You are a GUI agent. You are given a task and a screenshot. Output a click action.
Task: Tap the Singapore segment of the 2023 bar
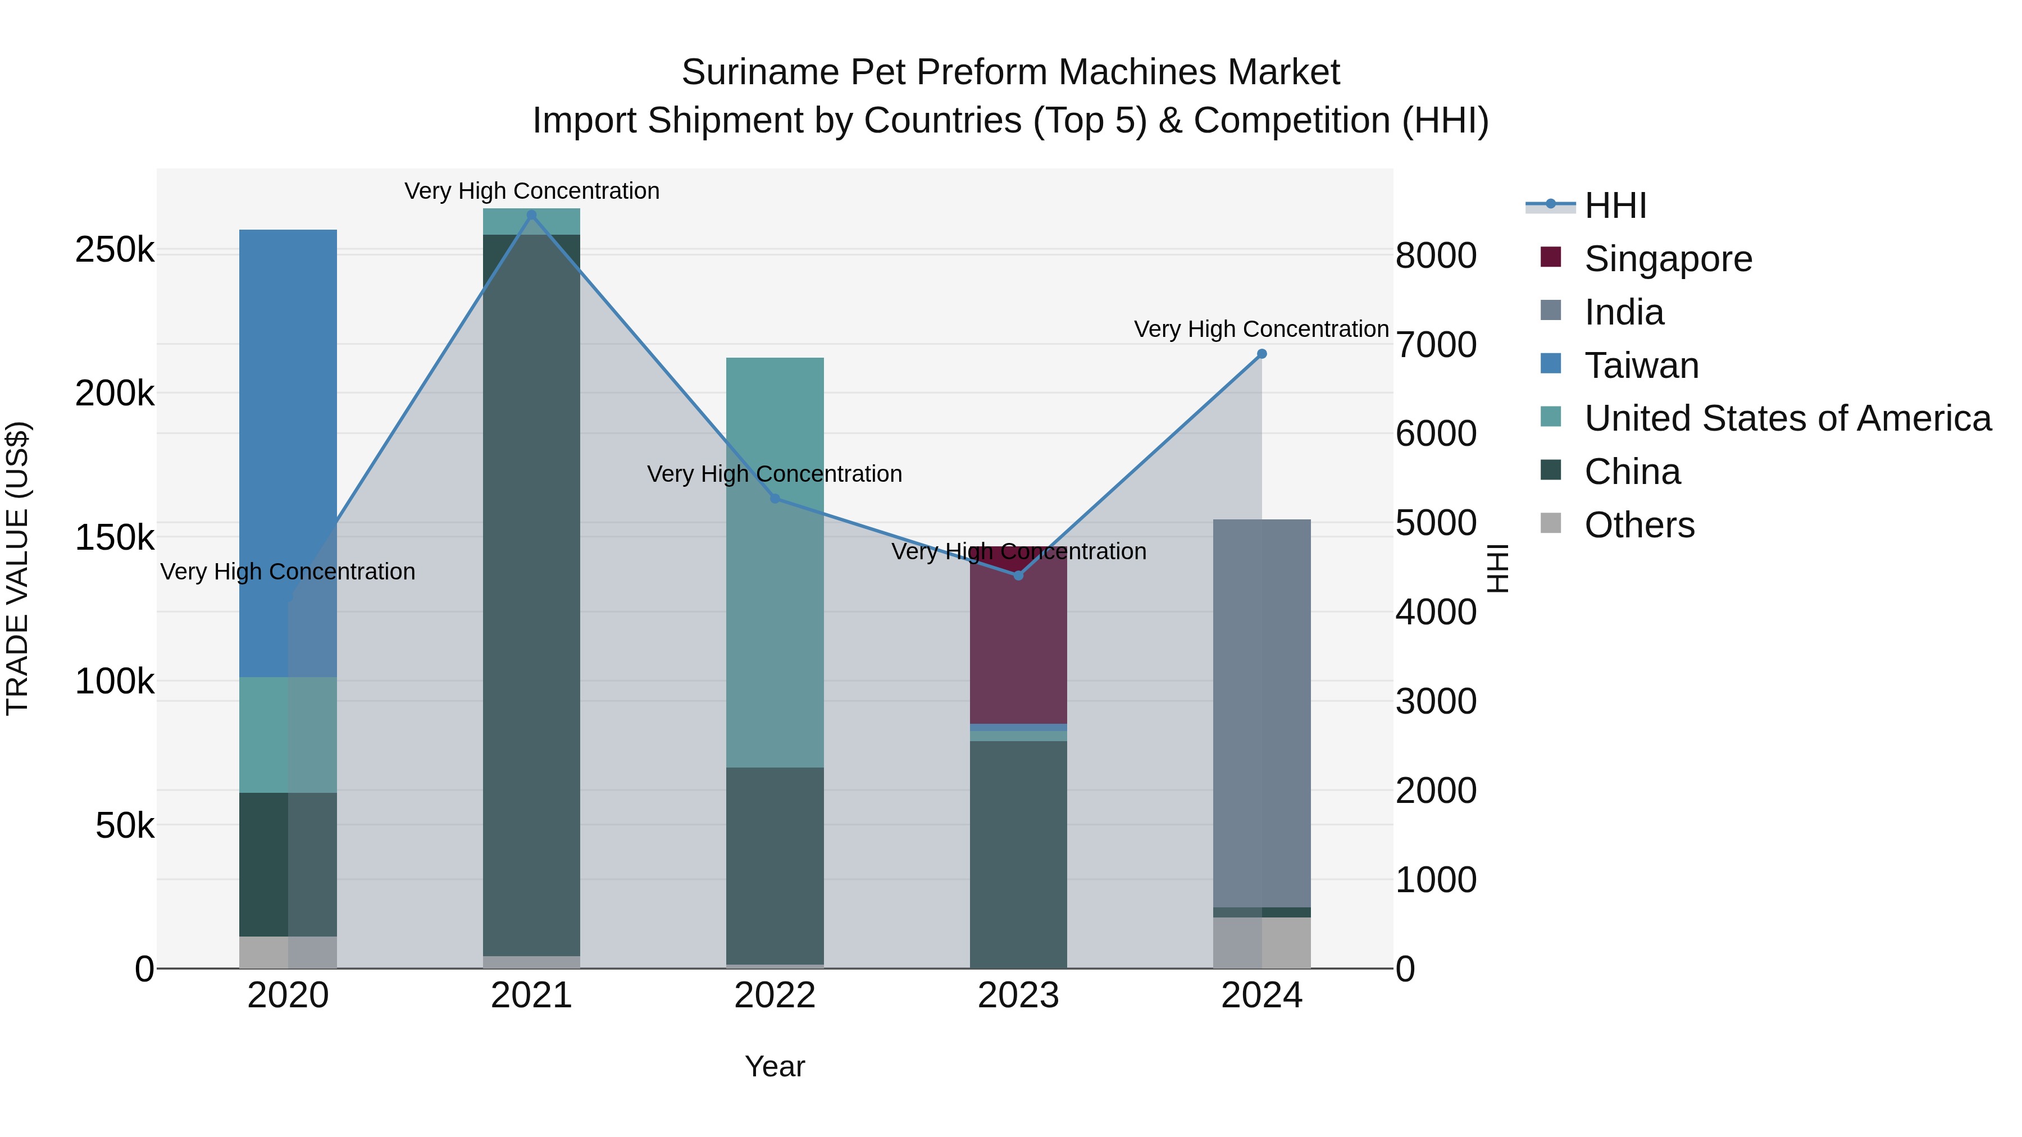click(x=1018, y=636)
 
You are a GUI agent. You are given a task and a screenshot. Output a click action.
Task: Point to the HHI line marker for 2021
click(x=531, y=215)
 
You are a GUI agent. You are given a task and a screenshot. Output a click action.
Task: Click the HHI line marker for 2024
click(x=1262, y=354)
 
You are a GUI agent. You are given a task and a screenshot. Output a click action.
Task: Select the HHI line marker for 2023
click(x=1018, y=575)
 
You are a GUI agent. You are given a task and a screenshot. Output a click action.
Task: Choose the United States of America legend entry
click(x=1787, y=418)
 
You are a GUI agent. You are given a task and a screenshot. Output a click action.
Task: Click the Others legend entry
click(x=1639, y=525)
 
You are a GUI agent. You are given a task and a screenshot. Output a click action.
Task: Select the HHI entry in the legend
click(x=1615, y=206)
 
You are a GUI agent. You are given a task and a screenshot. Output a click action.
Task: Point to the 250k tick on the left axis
click(x=115, y=250)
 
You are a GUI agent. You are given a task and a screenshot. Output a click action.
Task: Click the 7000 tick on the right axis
click(x=1436, y=345)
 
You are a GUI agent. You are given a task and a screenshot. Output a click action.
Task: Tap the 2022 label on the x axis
click(x=775, y=996)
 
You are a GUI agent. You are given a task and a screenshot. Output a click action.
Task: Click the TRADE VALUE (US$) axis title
click(x=17, y=568)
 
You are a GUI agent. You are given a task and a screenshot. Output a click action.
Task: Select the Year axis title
click(x=775, y=1066)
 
